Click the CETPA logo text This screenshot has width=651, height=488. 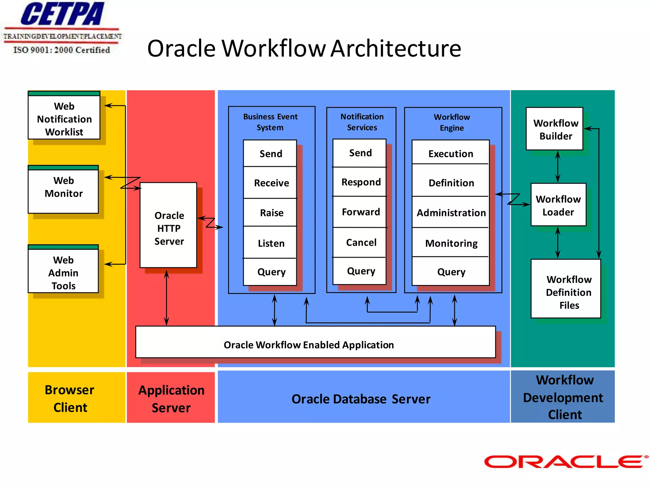click(x=62, y=14)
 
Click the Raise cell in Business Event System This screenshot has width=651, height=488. click(x=271, y=213)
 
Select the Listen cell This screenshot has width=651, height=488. click(x=271, y=243)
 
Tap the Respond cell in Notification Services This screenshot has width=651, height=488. click(x=360, y=182)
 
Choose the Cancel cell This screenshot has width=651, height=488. click(x=360, y=242)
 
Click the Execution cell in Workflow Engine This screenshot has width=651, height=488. click(x=450, y=153)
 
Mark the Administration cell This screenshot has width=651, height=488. click(x=451, y=213)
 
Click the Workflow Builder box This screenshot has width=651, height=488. click(x=555, y=129)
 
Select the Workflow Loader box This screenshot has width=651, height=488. click(x=558, y=205)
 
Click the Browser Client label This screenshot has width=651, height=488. click(x=70, y=398)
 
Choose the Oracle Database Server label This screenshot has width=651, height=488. click(x=361, y=399)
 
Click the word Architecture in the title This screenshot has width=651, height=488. click(x=395, y=49)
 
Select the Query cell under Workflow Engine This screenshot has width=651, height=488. click(x=451, y=272)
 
